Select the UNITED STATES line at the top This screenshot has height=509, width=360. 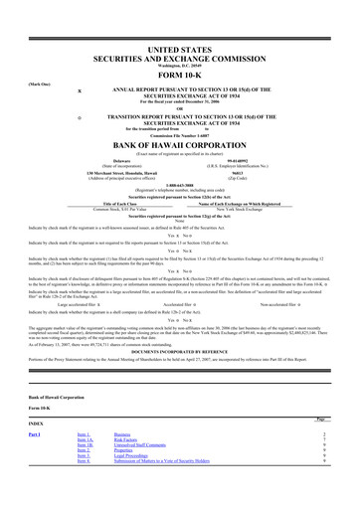[x=179, y=48]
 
